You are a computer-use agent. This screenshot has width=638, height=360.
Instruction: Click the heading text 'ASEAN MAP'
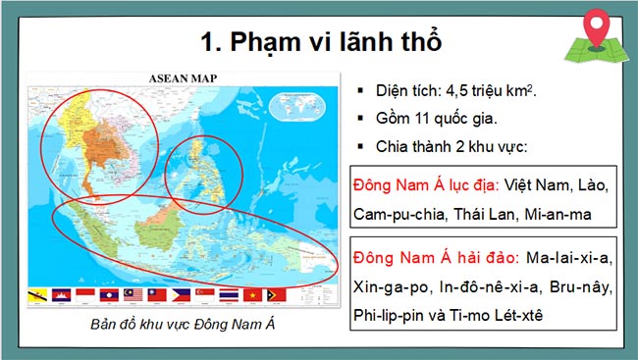(182, 78)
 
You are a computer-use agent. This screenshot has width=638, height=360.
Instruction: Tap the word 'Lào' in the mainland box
(594, 184)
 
